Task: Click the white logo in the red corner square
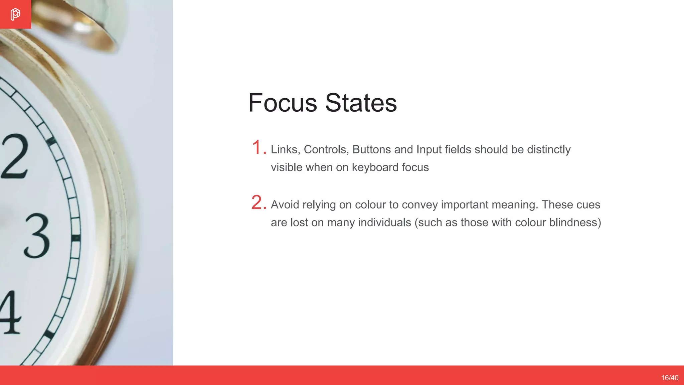pos(15,14)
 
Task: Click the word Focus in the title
pos(283,103)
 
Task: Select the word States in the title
pos(361,103)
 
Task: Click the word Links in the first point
pos(284,149)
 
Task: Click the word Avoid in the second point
pos(285,205)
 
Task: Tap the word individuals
pos(384,222)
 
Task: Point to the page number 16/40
pos(670,378)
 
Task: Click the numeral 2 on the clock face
pos(15,156)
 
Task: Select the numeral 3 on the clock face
pos(37,236)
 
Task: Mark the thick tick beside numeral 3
pos(76,238)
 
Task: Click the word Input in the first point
pos(429,149)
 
